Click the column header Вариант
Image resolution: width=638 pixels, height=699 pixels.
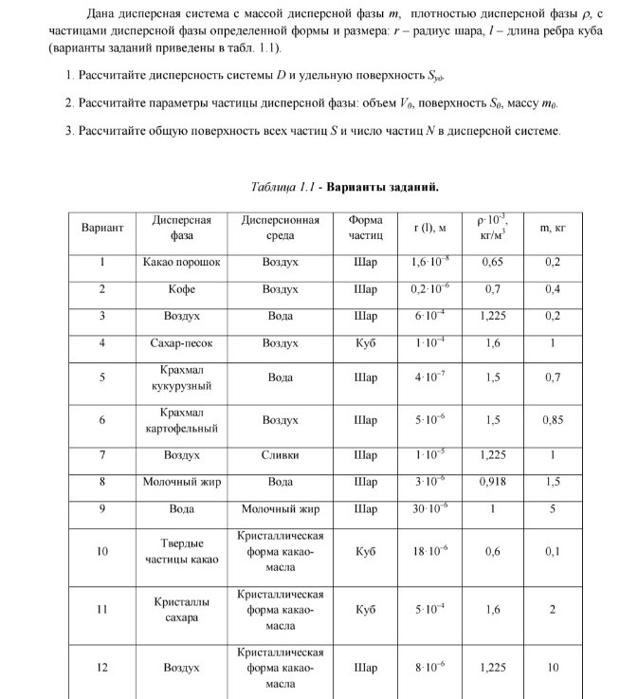[102, 228]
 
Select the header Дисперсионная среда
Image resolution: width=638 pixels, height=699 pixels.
[280, 228]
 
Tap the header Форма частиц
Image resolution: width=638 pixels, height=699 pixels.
[365, 228]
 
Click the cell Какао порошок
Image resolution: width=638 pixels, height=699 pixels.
[181, 262]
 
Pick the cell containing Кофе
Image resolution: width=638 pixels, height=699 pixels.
[181, 288]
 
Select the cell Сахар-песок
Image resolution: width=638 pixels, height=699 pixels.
[181, 342]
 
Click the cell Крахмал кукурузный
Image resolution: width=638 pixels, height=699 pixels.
[181, 377]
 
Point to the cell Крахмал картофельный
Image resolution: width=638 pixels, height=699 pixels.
[181, 420]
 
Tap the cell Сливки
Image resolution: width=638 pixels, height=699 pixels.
[280, 455]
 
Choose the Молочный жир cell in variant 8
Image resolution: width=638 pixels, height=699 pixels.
[181, 482]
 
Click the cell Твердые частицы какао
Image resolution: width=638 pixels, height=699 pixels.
[181, 551]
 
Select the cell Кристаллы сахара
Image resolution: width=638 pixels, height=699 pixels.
[181, 610]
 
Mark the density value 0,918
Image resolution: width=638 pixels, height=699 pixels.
[492, 482]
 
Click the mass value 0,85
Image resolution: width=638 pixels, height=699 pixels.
[554, 420]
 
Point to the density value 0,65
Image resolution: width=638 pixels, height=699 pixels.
[492, 262]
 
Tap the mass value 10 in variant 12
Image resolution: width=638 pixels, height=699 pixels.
[554, 668]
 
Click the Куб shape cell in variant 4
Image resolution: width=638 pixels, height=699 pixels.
[365, 342]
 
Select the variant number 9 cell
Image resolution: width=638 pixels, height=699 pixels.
[102, 508]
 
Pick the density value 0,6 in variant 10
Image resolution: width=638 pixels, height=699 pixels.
[492, 551]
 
